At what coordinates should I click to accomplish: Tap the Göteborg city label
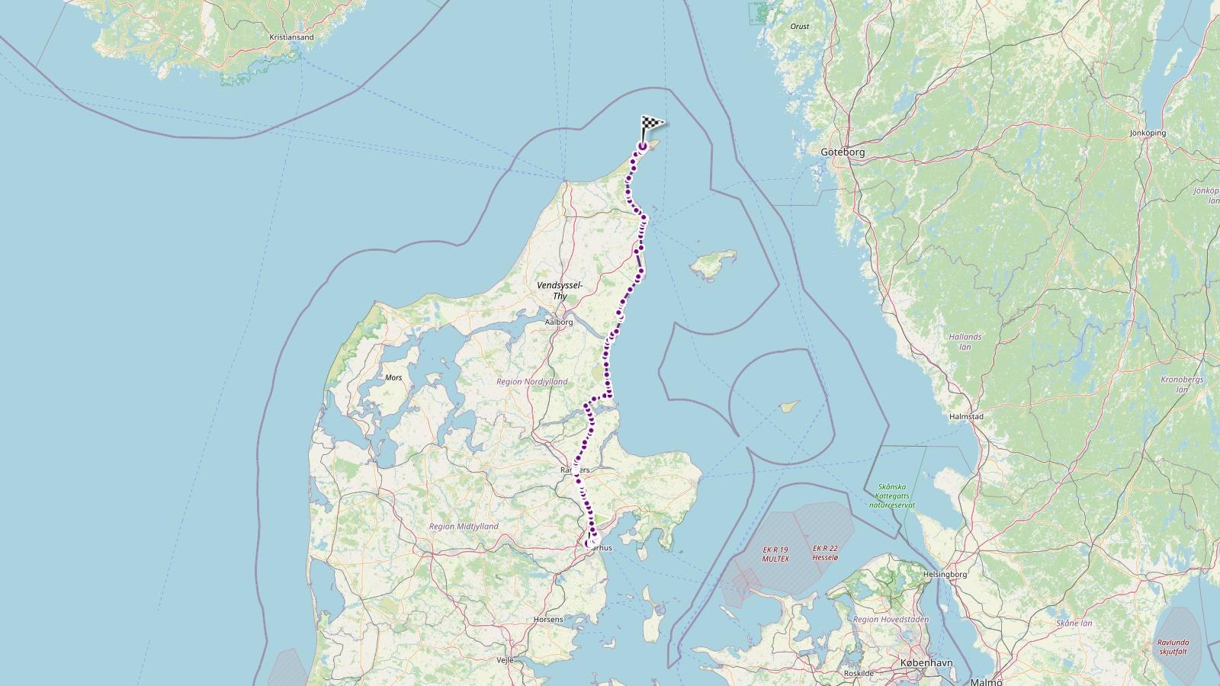(x=843, y=152)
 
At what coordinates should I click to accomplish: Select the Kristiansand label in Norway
(x=291, y=37)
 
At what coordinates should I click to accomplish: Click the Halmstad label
(x=966, y=417)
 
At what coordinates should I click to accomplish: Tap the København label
(x=926, y=663)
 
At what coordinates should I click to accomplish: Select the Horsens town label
(x=549, y=619)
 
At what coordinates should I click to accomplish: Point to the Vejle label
(x=505, y=660)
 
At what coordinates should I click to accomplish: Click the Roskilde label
(x=859, y=674)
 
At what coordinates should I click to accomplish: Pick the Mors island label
(x=393, y=377)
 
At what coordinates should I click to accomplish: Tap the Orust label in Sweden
(x=800, y=27)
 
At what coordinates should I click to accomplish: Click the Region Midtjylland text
(x=464, y=527)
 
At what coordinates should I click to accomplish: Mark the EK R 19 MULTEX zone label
(x=775, y=554)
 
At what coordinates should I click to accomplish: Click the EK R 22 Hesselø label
(x=825, y=553)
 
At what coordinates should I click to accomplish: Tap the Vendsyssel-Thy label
(x=560, y=290)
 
